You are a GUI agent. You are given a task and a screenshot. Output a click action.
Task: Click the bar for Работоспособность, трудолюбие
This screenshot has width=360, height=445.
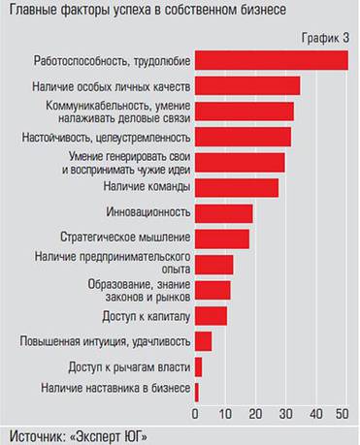(x=271, y=60)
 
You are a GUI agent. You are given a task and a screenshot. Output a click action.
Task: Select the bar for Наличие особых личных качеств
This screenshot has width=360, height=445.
(x=247, y=85)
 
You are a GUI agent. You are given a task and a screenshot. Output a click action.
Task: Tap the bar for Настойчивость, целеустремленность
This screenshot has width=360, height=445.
(x=243, y=137)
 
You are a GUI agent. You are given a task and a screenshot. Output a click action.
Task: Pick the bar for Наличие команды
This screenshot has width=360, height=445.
(x=237, y=187)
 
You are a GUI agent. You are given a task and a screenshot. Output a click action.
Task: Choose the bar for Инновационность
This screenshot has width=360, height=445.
(x=223, y=213)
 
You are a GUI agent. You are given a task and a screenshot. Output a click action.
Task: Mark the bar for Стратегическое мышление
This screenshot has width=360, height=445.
(x=222, y=238)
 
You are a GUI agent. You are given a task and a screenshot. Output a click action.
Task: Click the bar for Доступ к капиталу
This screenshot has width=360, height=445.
(x=211, y=316)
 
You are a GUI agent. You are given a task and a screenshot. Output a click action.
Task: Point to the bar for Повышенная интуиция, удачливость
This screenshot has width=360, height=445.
(x=203, y=341)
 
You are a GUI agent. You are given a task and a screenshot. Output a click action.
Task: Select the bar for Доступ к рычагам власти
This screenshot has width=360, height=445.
(x=198, y=366)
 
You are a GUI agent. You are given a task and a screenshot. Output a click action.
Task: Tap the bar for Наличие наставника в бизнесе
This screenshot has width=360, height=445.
(x=197, y=392)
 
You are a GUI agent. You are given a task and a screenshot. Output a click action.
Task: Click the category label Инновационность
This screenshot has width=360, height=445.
(x=146, y=211)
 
